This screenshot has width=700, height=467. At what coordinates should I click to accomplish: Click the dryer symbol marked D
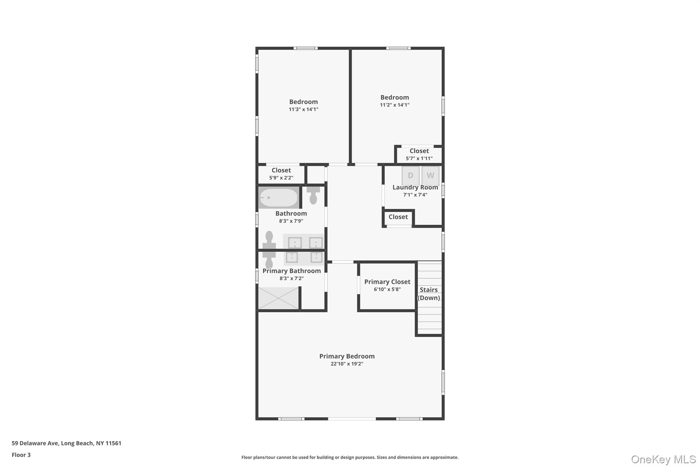click(x=410, y=176)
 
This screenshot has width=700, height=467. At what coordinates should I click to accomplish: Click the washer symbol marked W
click(x=430, y=176)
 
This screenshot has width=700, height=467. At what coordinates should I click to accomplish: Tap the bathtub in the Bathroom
click(x=278, y=198)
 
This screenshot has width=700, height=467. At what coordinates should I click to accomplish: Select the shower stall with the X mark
click(x=278, y=298)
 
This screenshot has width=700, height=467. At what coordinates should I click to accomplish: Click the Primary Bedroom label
click(x=347, y=356)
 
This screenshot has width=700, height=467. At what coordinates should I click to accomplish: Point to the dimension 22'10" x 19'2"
click(x=347, y=364)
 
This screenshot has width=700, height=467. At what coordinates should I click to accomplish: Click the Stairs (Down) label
click(x=429, y=294)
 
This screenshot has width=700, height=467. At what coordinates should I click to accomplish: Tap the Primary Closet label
click(x=387, y=282)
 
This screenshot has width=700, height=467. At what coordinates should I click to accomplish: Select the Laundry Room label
click(x=415, y=187)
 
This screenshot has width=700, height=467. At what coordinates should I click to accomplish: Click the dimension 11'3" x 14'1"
click(x=303, y=109)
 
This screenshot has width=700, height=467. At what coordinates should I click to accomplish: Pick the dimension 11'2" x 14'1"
click(x=394, y=105)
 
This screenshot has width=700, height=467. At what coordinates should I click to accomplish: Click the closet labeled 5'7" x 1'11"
click(x=419, y=154)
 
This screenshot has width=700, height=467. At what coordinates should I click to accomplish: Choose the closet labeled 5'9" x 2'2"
click(x=281, y=174)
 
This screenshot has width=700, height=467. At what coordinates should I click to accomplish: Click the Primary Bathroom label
click(x=291, y=271)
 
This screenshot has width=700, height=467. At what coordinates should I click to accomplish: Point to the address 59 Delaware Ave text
click(x=66, y=443)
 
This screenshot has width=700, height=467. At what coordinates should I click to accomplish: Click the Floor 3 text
click(x=21, y=455)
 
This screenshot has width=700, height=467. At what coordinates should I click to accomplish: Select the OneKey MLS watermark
click(x=663, y=459)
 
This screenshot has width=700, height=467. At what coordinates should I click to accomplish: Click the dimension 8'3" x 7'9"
click(x=291, y=221)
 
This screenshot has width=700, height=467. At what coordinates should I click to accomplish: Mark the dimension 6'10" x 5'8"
click(x=387, y=289)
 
